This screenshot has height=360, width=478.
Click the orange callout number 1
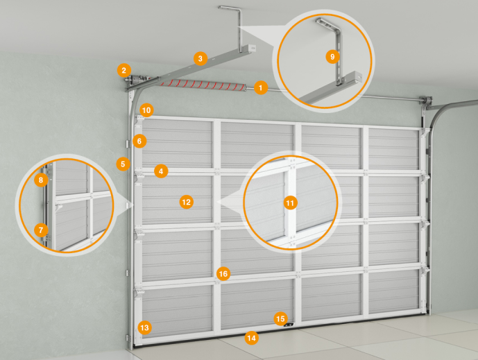[x=261, y=88]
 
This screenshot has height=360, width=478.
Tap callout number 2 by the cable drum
[x=123, y=71]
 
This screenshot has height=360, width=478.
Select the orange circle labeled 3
[x=200, y=58]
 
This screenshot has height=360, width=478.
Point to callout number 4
[x=161, y=171]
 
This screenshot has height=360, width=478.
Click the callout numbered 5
[x=123, y=164]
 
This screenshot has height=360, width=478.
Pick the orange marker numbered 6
[x=139, y=141]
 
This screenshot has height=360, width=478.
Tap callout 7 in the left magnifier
[x=41, y=230]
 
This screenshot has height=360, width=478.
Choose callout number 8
[x=41, y=180]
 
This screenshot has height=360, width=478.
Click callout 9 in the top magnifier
[x=332, y=56]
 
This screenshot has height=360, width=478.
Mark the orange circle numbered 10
[x=146, y=110]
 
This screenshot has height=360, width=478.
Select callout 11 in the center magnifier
[x=290, y=203]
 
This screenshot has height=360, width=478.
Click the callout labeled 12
[x=186, y=202]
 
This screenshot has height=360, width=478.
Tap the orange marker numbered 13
[x=144, y=327]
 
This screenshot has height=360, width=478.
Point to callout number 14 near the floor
[x=252, y=338]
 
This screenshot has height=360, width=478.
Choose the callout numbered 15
[x=280, y=319]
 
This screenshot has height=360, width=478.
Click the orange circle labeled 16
[x=223, y=274]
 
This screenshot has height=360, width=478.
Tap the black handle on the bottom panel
[x=289, y=325]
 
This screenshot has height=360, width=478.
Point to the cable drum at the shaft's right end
[x=426, y=100]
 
